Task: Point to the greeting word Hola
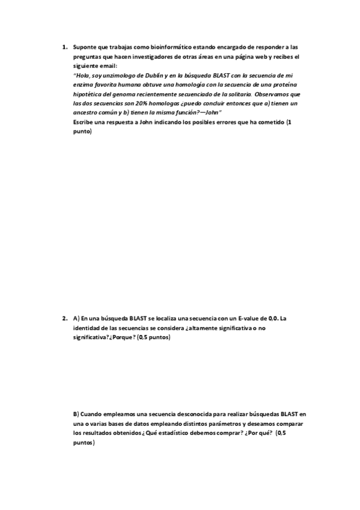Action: (82, 76)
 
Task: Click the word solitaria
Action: (236, 94)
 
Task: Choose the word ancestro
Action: (87, 113)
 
